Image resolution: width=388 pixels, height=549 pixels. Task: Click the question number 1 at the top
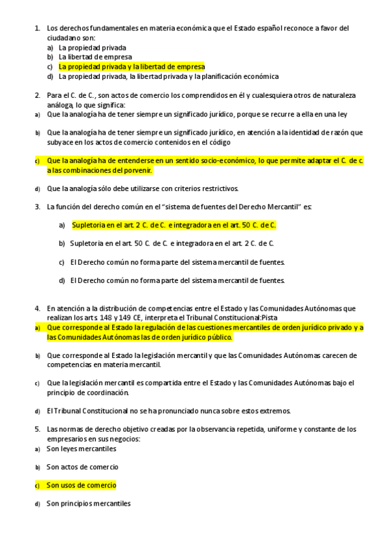tap(36, 28)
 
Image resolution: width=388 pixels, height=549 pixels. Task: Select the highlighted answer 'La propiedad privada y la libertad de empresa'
tap(131, 67)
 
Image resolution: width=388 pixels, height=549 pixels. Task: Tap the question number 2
tap(37, 95)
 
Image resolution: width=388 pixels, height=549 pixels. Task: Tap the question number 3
tap(37, 207)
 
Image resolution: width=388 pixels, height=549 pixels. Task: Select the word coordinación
tap(108, 392)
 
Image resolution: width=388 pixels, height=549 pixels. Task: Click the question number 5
tap(37, 429)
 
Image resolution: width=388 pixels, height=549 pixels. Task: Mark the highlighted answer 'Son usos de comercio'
tap(81, 485)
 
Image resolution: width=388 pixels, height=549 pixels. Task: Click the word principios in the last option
tap(76, 503)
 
